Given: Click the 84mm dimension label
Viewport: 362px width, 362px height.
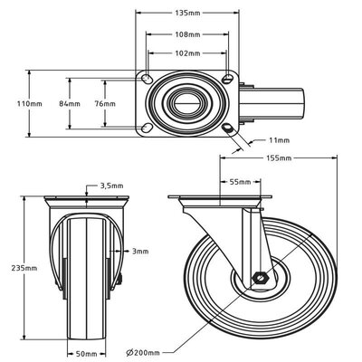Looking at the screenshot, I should pyautogui.click(x=81, y=103).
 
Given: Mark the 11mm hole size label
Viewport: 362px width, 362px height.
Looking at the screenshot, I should pyautogui.click(x=280, y=141).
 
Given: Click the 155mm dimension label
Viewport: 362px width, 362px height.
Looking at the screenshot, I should pyautogui.click(x=280, y=158).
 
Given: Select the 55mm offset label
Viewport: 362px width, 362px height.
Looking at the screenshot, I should pyautogui.click(x=239, y=182).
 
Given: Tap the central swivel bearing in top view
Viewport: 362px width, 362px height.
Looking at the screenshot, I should pyautogui.click(x=188, y=103).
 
